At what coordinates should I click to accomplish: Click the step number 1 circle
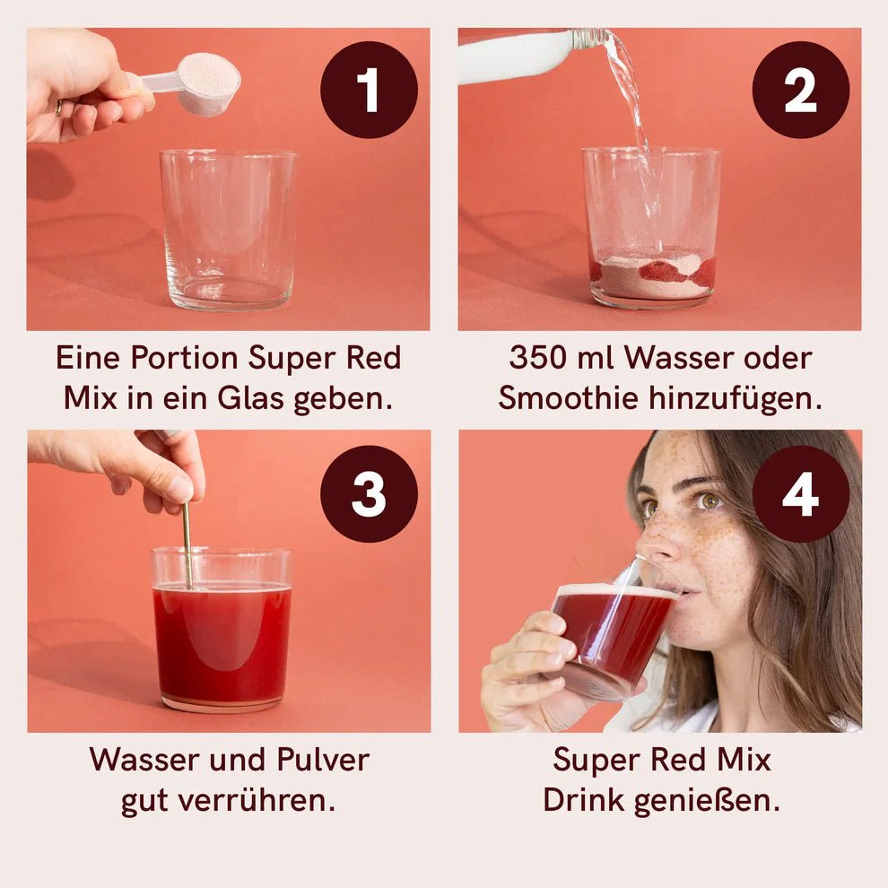point(369,90)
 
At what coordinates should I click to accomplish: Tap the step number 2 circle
point(800,90)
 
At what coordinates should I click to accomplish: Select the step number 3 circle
point(369,493)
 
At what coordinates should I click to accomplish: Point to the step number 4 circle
point(800,493)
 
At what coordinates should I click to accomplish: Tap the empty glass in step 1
point(228,229)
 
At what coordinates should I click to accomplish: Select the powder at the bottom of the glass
point(652,276)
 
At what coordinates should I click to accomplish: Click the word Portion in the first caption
point(185,358)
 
